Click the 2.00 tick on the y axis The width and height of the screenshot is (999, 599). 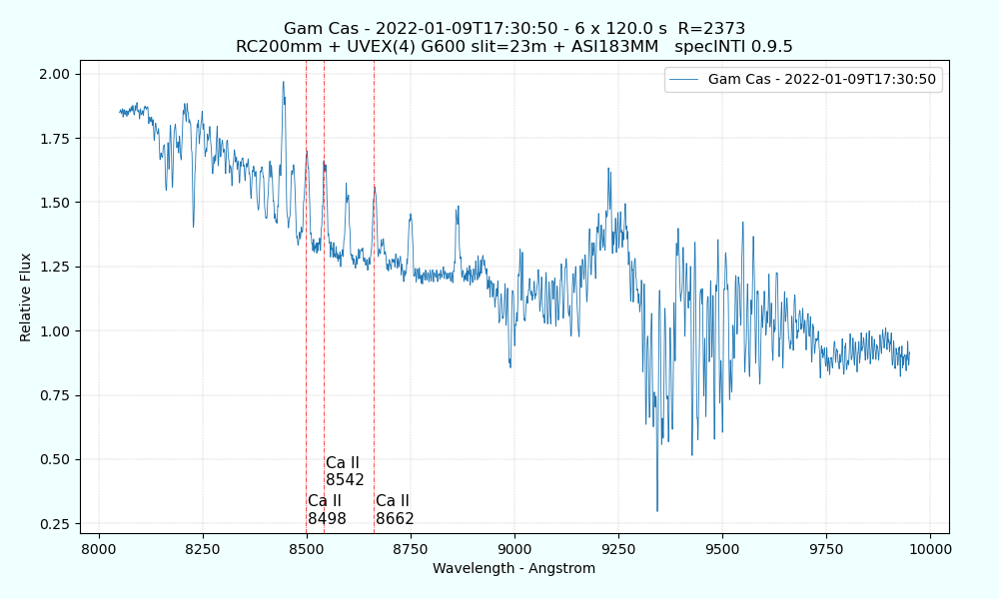[x=55, y=74]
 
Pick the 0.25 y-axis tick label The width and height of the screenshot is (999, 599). [x=55, y=524]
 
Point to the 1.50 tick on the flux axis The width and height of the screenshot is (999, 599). [x=55, y=203]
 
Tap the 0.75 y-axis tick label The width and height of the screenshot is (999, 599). [x=55, y=395]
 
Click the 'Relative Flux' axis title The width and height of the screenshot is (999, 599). [x=26, y=298]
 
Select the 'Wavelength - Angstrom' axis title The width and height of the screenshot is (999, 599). [x=513, y=569]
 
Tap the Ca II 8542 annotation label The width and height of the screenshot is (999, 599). [x=345, y=471]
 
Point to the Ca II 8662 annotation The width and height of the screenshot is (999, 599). [x=395, y=509]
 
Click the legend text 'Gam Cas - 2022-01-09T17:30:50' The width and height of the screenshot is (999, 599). [x=822, y=80]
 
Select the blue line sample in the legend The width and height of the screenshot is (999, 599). [x=684, y=80]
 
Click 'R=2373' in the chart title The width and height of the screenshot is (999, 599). [x=711, y=28]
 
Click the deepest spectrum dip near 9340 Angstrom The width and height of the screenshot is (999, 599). [x=656, y=510]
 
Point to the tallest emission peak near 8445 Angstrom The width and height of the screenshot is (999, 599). [x=284, y=83]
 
